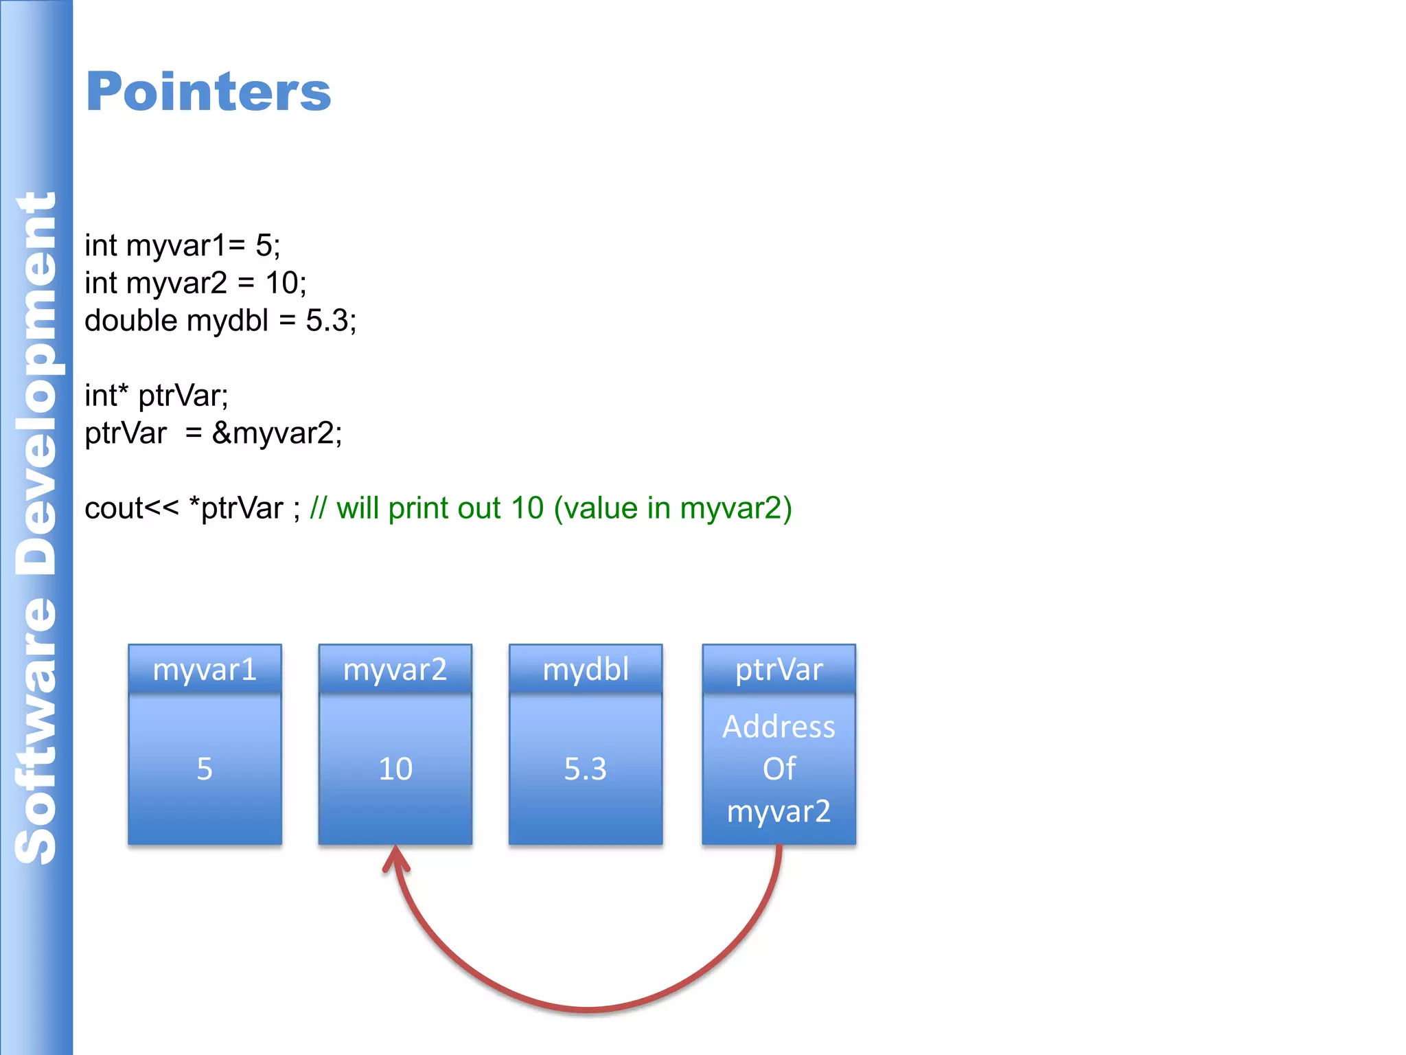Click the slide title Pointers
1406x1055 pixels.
pos(208,91)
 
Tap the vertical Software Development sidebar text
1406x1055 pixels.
pos(36,527)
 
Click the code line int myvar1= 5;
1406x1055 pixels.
pos(182,246)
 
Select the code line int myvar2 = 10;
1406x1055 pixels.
pos(195,283)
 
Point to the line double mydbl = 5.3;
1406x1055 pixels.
pos(220,321)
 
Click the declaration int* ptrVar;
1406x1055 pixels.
pos(156,396)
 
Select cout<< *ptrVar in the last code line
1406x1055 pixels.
pos(184,509)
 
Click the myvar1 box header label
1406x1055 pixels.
pos(205,669)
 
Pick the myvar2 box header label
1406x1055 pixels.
pos(395,669)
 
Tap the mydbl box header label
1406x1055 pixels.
pos(586,669)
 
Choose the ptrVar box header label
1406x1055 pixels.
pos(779,669)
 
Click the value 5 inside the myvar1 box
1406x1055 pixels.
pos(205,769)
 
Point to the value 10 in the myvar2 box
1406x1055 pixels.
pos(395,769)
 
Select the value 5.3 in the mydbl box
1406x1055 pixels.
pos(586,769)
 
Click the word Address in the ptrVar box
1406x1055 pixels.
pos(779,727)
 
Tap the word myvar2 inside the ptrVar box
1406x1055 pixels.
pos(779,811)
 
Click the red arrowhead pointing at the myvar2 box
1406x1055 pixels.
pos(395,859)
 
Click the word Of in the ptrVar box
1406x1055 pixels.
pos(779,769)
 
